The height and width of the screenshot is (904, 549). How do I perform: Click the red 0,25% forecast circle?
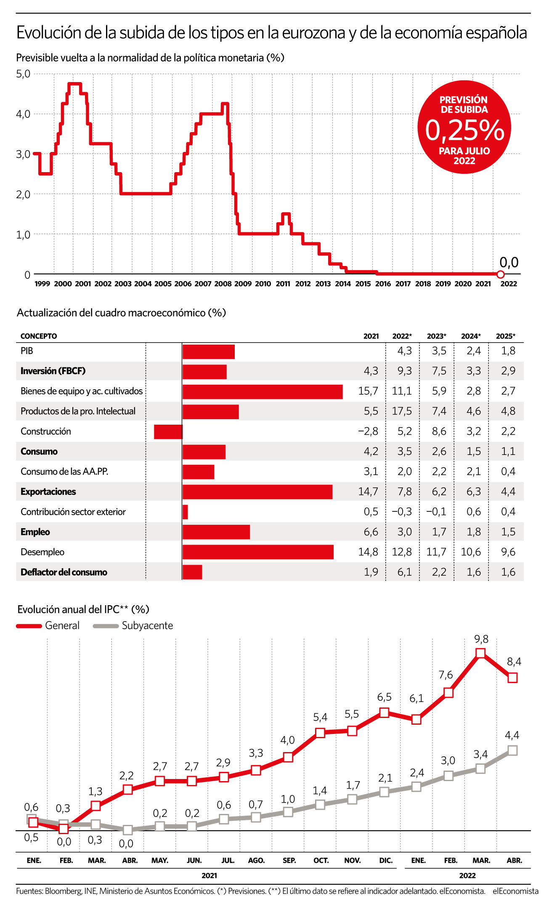click(464, 127)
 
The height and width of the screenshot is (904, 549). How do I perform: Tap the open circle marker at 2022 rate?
click(500, 274)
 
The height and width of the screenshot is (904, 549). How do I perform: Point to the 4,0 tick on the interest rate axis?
click(23, 114)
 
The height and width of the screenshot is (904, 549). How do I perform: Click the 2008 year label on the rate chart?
click(223, 284)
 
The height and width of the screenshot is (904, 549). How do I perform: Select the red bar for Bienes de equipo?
click(263, 391)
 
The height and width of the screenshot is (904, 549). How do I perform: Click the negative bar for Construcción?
click(168, 432)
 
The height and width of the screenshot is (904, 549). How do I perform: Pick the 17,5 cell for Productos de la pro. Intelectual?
click(402, 411)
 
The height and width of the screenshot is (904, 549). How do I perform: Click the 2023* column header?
click(436, 336)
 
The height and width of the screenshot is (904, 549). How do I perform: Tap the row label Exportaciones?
click(48, 492)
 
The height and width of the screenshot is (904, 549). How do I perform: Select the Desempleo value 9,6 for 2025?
click(508, 552)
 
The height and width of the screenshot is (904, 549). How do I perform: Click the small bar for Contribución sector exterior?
click(185, 512)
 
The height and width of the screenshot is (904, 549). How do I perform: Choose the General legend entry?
click(48, 625)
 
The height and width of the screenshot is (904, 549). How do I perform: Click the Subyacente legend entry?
click(133, 625)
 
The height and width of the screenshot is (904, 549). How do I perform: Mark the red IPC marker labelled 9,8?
click(480, 653)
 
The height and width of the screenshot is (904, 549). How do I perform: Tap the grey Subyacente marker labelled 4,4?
click(512, 750)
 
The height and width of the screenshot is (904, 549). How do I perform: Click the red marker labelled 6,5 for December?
click(384, 713)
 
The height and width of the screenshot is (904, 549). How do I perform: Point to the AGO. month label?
click(257, 860)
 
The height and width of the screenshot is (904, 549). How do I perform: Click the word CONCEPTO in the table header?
click(39, 336)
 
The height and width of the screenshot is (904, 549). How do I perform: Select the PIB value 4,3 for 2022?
click(405, 351)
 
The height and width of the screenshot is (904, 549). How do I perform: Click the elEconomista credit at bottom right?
click(516, 891)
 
